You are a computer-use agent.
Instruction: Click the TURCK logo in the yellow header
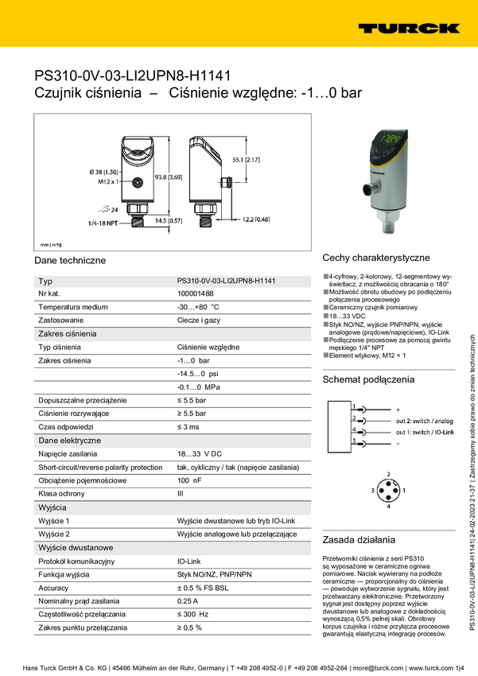408,28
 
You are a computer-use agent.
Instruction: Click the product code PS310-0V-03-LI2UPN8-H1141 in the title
133,76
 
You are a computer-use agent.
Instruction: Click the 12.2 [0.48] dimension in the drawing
256,219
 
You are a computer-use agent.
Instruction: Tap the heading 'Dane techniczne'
70,261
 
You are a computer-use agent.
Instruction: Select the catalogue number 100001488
195,294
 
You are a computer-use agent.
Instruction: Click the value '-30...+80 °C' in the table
198,307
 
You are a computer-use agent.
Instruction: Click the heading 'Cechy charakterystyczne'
375,258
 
